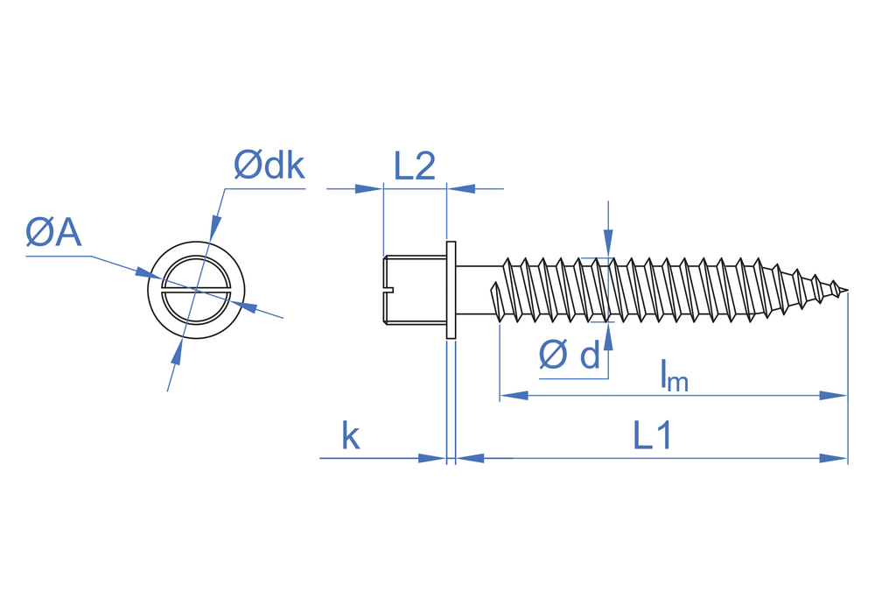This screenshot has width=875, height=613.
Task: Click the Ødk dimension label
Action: (269, 165)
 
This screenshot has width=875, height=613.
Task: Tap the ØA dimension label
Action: (54, 233)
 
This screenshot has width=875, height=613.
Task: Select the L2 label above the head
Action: (415, 166)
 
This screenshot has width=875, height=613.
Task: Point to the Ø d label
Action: (570, 355)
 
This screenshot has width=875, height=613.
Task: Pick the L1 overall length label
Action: (652, 436)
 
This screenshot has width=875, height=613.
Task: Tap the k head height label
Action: (351, 436)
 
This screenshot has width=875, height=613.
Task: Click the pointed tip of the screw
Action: (844, 291)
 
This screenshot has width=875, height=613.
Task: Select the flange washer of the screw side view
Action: (451, 290)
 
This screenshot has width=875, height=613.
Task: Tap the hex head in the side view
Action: (416, 290)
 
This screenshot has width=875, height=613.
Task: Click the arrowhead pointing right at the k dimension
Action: (433, 458)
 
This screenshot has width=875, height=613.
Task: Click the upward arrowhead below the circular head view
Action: (177, 353)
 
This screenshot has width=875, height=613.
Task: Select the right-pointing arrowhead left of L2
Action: (369, 188)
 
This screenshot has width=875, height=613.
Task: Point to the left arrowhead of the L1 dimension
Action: (471, 458)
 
